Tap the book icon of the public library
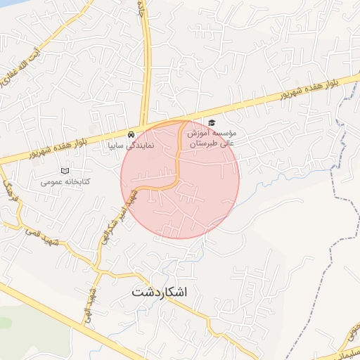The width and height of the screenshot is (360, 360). (65, 171)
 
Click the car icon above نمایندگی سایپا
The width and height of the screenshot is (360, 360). (131, 134)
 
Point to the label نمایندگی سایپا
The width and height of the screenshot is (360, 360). (131, 146)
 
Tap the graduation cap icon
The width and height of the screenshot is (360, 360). (212, 123)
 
